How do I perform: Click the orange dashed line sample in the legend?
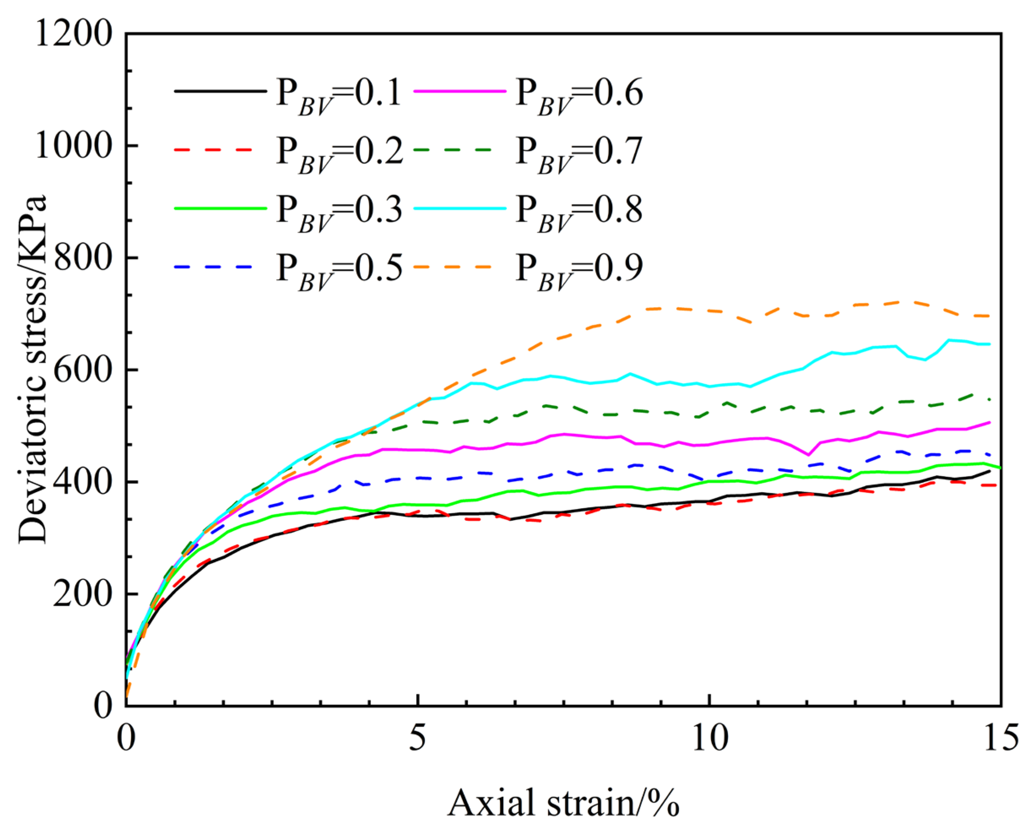point(453,267)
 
